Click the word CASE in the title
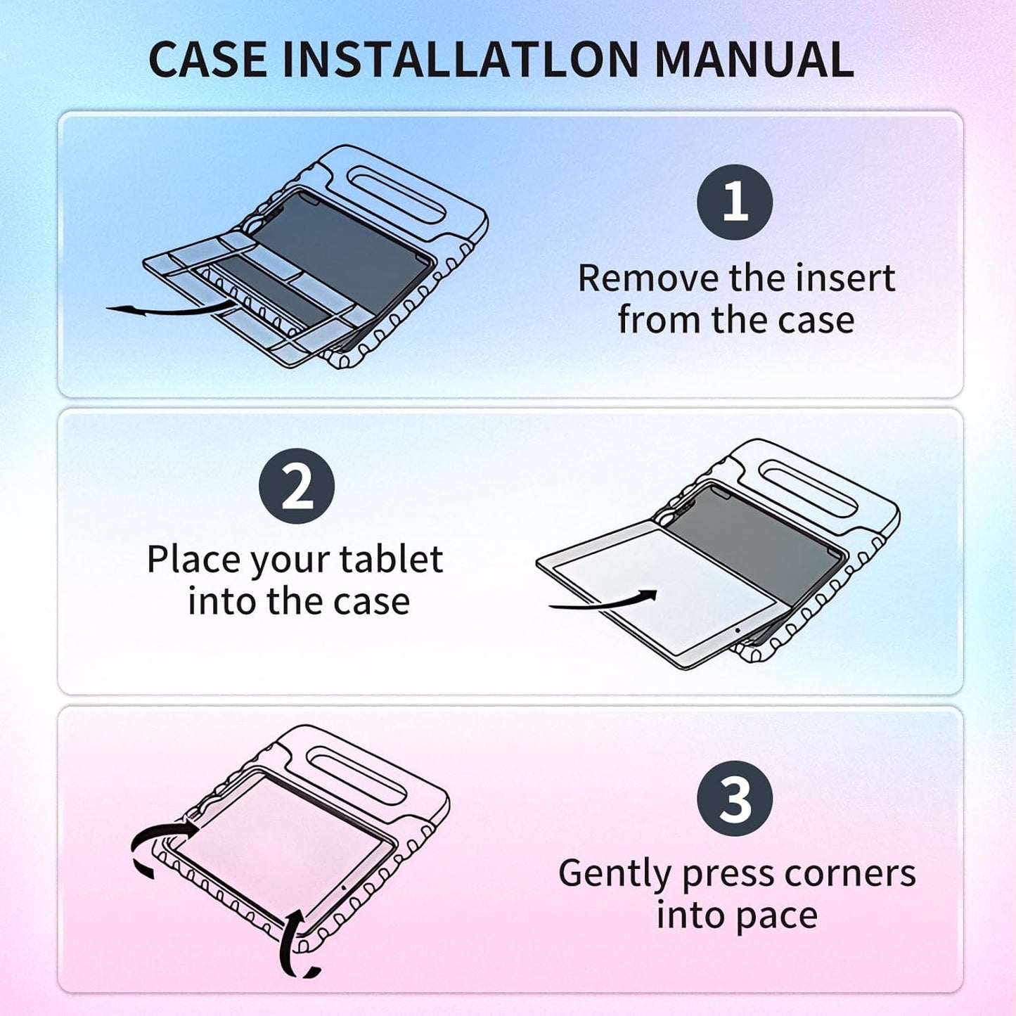pos(207,60)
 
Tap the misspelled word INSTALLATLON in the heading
pos(461,60)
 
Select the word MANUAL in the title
pos(754,60)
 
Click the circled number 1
pos(735,202)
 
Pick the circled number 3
pos(735,799)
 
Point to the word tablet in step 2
pos(391,560)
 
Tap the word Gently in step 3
pos(615,874)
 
